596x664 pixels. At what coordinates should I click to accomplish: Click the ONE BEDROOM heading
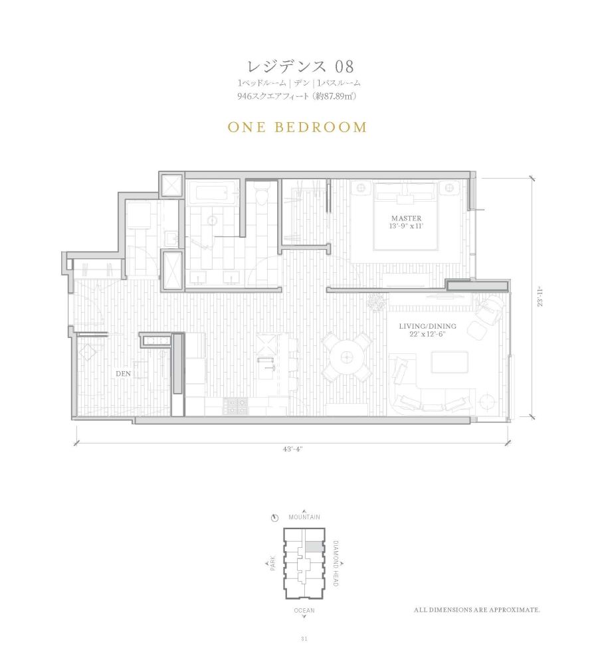[297, 127]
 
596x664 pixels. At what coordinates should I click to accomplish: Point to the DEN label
[123, 373]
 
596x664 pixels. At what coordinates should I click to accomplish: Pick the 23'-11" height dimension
[540, 297]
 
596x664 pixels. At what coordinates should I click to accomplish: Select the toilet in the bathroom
[262, 194]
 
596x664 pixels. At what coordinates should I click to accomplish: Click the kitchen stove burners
[236, 406]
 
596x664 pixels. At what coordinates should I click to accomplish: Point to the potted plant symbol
[377, 301]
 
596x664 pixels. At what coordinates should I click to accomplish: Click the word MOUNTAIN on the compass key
[304, 517]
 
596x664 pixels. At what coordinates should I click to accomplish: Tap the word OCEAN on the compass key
[304, 610]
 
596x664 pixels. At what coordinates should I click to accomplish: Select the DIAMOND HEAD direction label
[336, 564]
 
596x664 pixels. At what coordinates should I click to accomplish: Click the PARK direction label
[272, 563]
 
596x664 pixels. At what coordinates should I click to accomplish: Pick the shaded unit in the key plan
[313, 547]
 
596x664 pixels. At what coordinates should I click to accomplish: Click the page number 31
[304, 639]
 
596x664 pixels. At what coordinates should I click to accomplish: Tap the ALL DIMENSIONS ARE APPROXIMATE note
[477, 610]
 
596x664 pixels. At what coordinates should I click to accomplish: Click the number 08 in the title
[344, 66]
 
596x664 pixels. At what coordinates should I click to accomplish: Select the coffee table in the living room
[450, 362]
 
